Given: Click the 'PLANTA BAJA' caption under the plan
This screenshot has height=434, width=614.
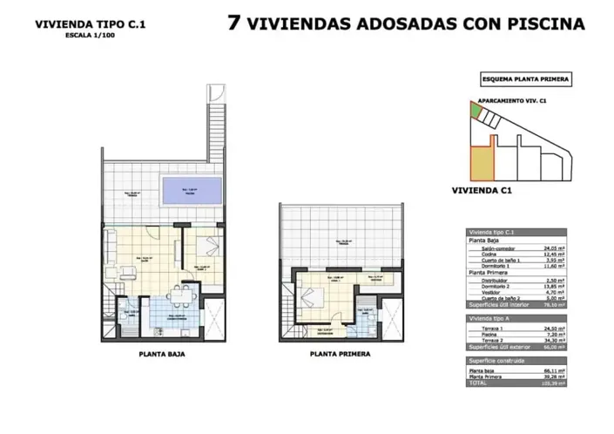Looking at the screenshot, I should point(162,355).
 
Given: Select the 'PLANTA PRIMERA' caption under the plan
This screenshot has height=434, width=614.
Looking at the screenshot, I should point(340,355).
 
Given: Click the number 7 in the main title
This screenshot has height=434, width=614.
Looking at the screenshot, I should point(233,23).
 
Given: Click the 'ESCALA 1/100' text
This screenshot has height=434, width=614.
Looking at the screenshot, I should point(89,36).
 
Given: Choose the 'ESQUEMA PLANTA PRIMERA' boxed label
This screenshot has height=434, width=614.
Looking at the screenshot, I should point(526,78).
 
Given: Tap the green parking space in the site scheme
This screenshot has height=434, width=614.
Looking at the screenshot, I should point(474,111).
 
